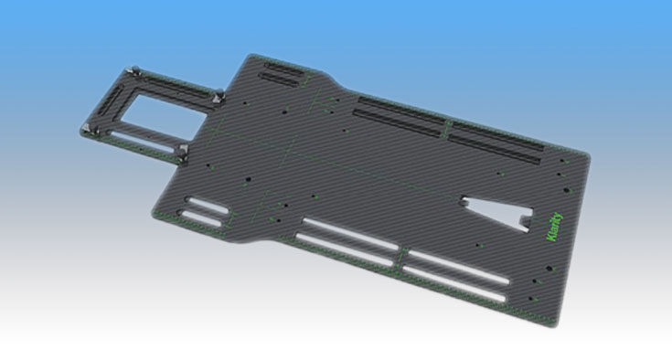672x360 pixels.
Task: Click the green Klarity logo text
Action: click(x=556, y=227)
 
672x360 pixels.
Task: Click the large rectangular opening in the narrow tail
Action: click(x=165, y=117)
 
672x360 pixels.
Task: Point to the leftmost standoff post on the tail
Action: click(x=87, y=129)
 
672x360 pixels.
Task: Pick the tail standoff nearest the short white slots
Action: click(x=184, y=152)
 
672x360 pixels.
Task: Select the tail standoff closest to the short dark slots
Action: click(x=219, y=95)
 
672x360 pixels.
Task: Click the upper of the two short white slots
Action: click(x=207, y=205)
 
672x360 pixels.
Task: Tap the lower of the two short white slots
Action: click(x=199, y=218)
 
